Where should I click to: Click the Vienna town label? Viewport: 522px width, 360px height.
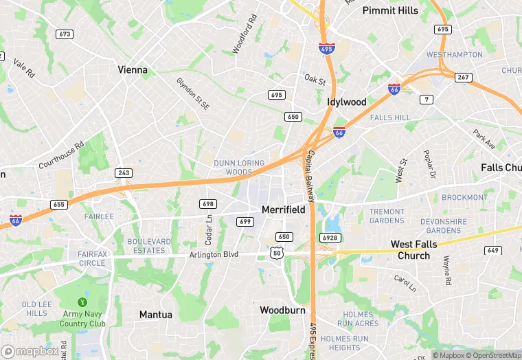[133, 69]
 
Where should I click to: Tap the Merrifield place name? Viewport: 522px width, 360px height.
[283, 210]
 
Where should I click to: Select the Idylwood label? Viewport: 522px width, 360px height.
[346, 102]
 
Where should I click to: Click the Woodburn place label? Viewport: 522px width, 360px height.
[282, 311]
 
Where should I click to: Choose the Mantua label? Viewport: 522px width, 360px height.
[156, 315]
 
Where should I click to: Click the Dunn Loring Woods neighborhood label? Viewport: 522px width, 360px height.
[234, 167]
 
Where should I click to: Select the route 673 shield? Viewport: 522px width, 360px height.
[65, 34]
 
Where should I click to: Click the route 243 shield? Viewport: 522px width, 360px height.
[124, 173]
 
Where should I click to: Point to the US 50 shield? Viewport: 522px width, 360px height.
[277, 253]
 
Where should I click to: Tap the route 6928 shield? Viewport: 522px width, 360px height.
[330, 237]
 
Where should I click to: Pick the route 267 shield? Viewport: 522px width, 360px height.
[464, 77]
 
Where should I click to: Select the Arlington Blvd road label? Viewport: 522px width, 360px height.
[214, 254]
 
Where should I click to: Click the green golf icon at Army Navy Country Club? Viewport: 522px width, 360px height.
[82, 302]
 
